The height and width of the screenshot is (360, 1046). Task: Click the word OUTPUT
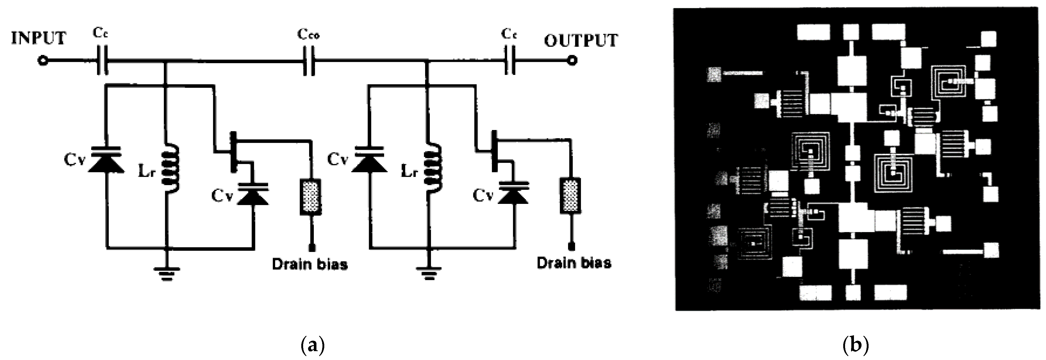click(581, 40)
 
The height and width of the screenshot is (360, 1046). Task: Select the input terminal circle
click(42, 61)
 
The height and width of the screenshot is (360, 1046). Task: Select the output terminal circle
click(572, 61)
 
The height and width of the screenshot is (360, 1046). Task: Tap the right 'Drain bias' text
click(574, 263)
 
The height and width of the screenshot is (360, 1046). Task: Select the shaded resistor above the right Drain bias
click(570, 196)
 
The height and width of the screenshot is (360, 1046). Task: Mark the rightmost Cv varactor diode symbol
click(514, 194)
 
